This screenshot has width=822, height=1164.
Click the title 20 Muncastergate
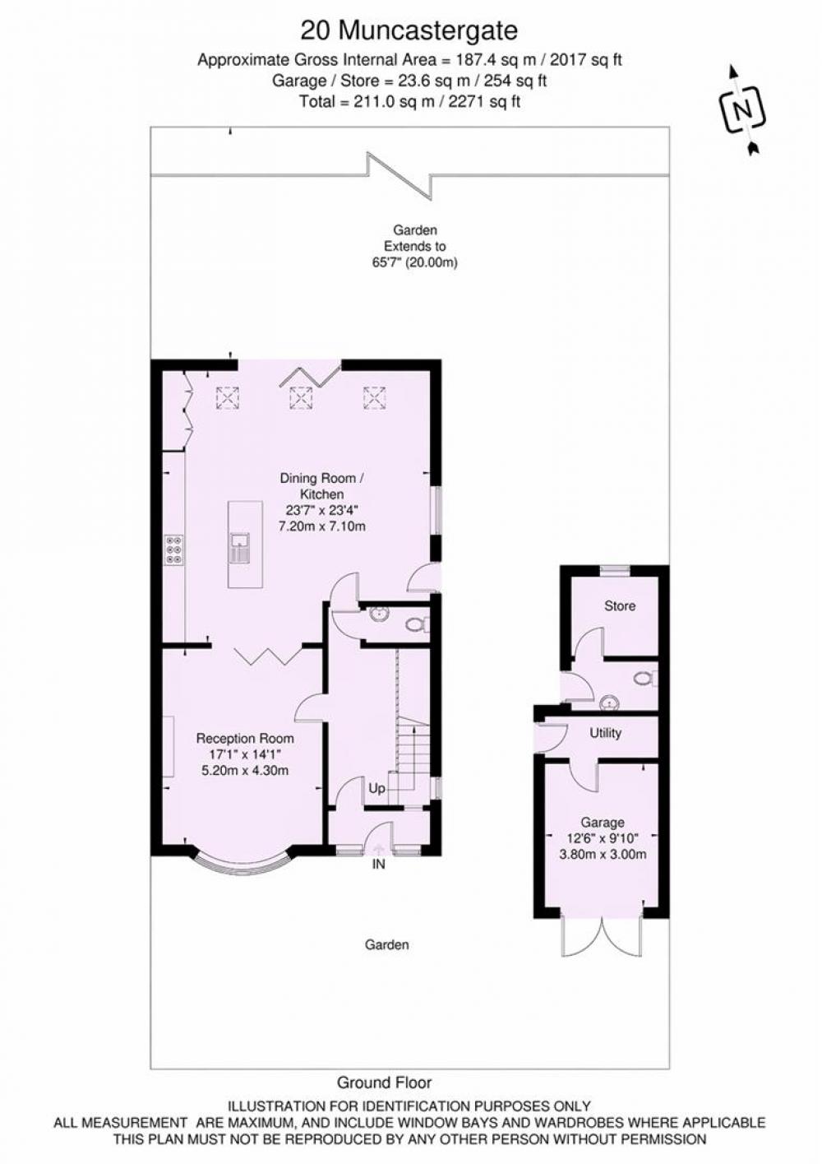pyautogui.click(x=409, y=30)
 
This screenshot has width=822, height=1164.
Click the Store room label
pyautogui.click(x=620, y=606)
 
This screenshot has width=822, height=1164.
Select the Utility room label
pyautogui.click(x=606, y=733)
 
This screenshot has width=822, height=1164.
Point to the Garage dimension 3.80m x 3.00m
pyautogui.click(x=603, y=853)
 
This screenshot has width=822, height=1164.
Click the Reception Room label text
pyautogui.click(x=245, y=739)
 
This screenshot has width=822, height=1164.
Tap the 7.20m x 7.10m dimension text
pyautogui.click(x=322, y=526)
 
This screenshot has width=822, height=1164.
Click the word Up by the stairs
pyautogui.click(x=376, y=788)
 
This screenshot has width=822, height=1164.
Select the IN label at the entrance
pyautogui.click(x=379, y=865)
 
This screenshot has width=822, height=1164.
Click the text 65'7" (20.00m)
pyautogui.click(x=414, y=263)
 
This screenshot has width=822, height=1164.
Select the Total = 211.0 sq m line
pyautogui.click(x=409, y=102)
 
